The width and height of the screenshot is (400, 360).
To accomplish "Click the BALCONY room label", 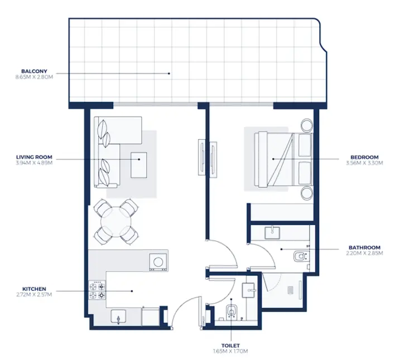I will click(x=34, y=71).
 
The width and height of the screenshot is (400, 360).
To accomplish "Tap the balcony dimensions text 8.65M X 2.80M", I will click(x=34, y=77).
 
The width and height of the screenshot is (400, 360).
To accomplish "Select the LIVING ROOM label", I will click(x=34, y=158).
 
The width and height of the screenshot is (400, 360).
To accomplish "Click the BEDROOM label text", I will click(x=364, y=157).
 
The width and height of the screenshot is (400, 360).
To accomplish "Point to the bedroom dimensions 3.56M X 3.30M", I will click(x=364, y=163).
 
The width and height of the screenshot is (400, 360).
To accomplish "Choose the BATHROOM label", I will click(x=364, y=247).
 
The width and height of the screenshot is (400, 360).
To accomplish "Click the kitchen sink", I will click(x=119, y=316).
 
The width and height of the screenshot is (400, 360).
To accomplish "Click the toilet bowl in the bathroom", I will click(x=300, y=257).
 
